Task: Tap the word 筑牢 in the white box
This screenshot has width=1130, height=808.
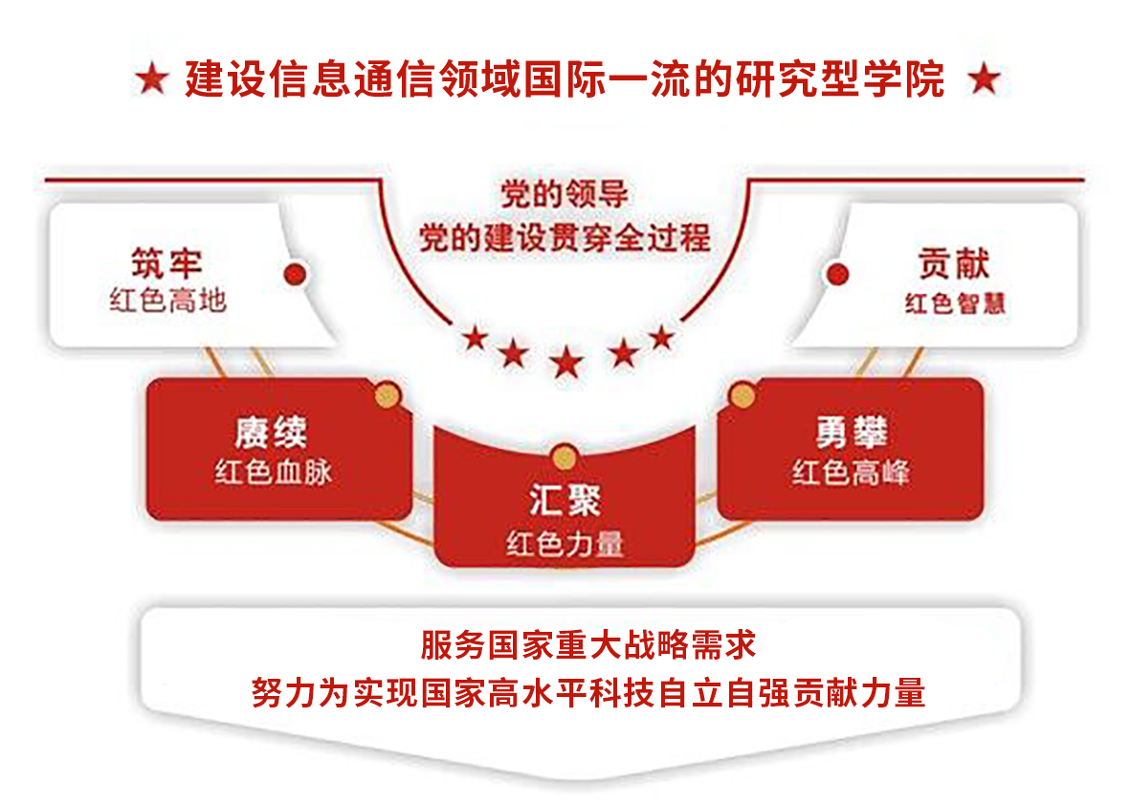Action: coord(166,264)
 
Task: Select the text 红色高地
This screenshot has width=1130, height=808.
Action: coord(167,301)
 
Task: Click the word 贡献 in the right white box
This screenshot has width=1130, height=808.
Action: coord(953,264)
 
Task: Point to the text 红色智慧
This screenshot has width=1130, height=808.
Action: coord(955,303)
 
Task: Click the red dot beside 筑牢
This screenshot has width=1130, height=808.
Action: coord(295,274)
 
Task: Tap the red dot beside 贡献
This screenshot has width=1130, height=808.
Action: coord(837,274)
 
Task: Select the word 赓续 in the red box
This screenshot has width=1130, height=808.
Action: coord(271,433)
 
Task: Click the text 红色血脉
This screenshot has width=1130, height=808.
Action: coord(273,472)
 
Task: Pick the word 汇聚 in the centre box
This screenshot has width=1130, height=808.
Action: coord(565,500)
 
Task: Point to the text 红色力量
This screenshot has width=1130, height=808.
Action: coord(565,543)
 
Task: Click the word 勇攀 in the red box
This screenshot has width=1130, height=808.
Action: coord(852,433)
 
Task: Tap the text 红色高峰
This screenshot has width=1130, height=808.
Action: coord(852,472)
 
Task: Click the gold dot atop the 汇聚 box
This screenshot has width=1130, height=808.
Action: coord(565,457)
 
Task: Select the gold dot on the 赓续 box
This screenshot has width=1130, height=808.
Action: coord(388,395)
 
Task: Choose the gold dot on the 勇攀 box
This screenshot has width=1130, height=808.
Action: coord(742,395)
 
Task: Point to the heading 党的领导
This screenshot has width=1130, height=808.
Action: coord(565,194)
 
